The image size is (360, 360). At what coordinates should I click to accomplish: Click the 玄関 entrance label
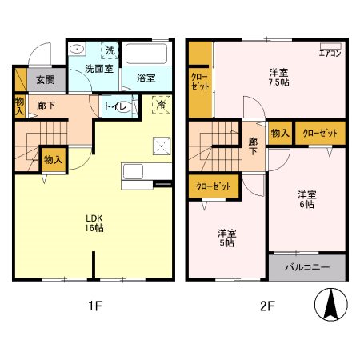click(44, 80)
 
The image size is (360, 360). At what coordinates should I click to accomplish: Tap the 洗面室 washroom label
click(100, 69)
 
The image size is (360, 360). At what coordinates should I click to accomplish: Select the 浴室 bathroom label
click(146, 78)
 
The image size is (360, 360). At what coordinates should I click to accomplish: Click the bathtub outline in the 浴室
click(146, 54)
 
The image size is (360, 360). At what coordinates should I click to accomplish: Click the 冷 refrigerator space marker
click(162, 105)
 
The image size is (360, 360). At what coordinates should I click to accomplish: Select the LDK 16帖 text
click(95, 222)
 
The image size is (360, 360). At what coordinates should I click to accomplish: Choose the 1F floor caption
click(95, 305)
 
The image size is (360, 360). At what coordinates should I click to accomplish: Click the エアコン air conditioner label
click(330, 54)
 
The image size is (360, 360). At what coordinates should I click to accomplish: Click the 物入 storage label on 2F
click(279, 134)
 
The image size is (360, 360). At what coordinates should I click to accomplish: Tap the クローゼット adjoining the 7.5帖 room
click(200, 82)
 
